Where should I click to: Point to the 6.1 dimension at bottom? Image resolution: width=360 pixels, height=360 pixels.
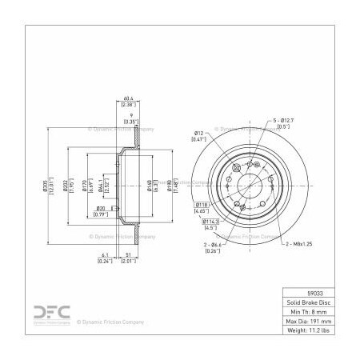[x=103, y=257]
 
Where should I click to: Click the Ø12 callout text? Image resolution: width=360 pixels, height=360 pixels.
[x=199, y=132]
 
